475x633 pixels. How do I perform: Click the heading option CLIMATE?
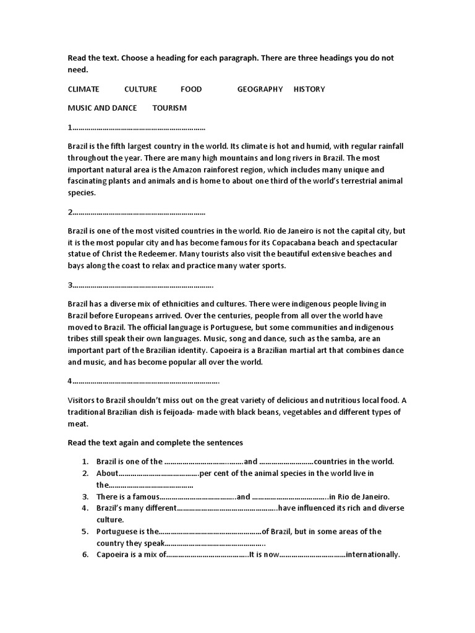pos(83,89)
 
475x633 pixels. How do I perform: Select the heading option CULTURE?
pos(140,89)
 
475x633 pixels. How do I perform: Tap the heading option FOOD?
pos(191,89)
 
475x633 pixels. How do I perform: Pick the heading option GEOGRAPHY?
pos(260,89)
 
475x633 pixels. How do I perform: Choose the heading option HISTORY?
pos(309,89)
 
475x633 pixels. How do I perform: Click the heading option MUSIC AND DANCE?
pos(102,108)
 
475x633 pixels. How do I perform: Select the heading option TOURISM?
pos(169,108)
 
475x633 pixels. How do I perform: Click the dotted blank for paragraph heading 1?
pos(139,127)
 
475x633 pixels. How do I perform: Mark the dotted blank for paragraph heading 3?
pos(143,285)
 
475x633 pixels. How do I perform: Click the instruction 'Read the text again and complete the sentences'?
pos(155,443)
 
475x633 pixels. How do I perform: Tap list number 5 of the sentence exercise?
pos(85,532)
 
